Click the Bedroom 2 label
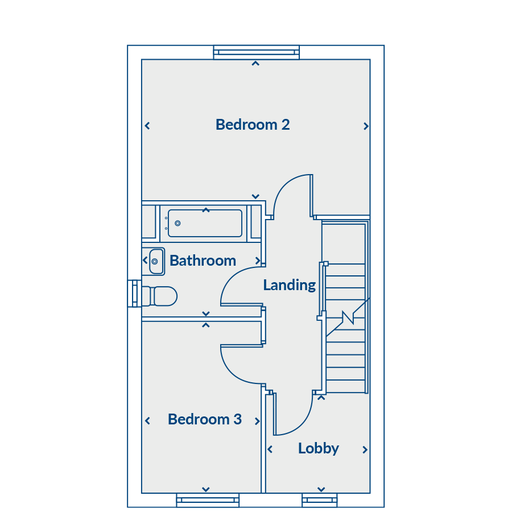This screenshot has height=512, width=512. [253, 125]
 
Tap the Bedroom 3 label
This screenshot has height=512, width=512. [205, 419]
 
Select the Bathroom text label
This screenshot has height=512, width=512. [203, 261]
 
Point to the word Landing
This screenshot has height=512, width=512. [290, 285]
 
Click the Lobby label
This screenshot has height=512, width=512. [319, 448]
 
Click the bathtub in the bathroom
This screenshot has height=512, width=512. [205, 223]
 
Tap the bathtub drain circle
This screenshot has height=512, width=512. [177, 224]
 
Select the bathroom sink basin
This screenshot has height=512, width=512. [156, 261]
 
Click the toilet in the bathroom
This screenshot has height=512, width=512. [160, 296]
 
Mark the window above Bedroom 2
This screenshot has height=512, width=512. [257, 52]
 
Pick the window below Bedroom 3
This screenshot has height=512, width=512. [208, 500]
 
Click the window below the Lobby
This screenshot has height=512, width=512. [319, 500]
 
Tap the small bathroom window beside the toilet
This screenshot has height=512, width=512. [134, 294]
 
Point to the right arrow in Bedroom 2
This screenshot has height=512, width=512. [366, 126]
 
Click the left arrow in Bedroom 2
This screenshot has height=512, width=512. [147, 126]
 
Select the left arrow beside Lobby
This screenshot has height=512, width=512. [270, 449]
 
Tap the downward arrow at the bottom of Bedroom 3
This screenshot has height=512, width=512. [206, 489]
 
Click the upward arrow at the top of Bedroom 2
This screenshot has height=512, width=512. [255, 63]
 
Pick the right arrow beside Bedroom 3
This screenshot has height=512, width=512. [257, 421]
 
